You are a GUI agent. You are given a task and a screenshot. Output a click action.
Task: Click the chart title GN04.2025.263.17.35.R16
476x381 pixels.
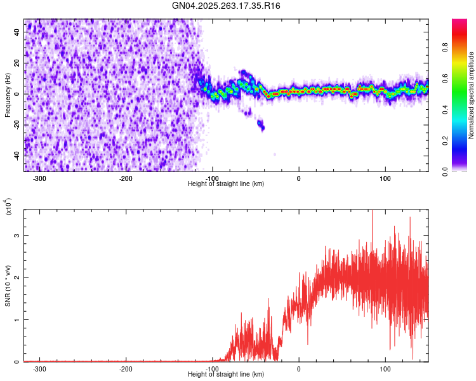[226, 6]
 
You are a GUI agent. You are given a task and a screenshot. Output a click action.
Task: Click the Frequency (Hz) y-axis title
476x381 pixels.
[8, 95]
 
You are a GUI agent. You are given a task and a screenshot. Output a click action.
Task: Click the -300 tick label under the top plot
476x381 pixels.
[39, 178]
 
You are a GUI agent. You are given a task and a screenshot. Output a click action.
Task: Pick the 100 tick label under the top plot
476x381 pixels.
[385, 178]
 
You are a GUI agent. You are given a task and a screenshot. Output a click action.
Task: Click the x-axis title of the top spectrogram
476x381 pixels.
[227, 184]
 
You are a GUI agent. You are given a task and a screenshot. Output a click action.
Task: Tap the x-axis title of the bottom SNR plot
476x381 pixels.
[227, 374]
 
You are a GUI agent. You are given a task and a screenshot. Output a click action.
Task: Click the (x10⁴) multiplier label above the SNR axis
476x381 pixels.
[9, 206]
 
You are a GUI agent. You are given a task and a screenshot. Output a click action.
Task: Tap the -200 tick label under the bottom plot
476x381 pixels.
[126, 368]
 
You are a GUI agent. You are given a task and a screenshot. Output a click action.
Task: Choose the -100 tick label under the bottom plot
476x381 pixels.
[212, 368]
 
